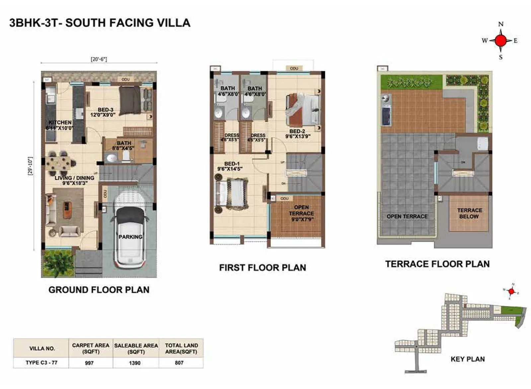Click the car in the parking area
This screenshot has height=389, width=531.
[130, 237]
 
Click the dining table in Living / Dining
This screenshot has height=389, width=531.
[60, 163]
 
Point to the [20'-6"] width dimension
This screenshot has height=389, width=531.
[99, 59]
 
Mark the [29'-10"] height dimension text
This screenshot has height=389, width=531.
[31, 166]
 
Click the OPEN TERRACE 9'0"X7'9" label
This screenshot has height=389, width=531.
[301, 213]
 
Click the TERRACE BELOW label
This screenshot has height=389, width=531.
[469, 213]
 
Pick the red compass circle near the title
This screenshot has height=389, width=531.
[500, 40]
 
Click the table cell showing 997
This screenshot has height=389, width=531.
[89, 363]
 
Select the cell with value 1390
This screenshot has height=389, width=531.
[135, 363]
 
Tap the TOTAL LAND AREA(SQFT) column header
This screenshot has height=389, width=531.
[181, 348]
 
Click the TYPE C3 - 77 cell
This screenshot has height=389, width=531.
[41, 362]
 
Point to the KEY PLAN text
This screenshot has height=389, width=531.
[467, 359]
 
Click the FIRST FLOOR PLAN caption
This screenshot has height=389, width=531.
[263, 268]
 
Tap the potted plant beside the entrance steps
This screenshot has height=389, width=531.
[58, 262]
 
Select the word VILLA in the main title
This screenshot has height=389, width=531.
[174, 23]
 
